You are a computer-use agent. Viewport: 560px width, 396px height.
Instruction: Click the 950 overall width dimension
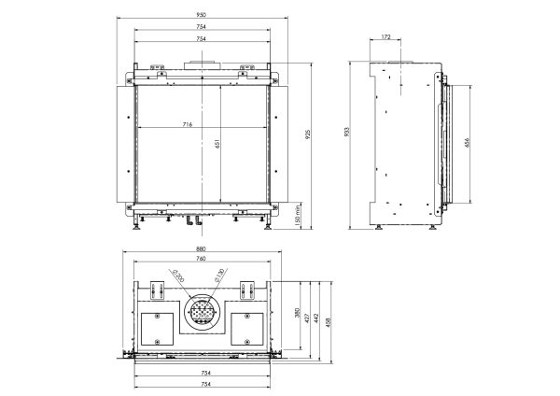201,15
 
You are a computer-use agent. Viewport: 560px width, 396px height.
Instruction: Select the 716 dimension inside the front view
188,124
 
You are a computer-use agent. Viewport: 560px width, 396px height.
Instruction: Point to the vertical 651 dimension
216,144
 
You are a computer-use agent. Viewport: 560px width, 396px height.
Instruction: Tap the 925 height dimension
308,134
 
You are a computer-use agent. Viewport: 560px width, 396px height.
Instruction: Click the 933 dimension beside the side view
346,133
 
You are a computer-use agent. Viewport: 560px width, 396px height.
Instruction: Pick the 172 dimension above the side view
385,36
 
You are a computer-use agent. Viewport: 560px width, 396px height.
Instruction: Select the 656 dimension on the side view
468,142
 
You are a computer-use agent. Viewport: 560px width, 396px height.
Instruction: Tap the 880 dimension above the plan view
201,248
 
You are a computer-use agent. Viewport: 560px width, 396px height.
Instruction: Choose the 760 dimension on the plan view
201,259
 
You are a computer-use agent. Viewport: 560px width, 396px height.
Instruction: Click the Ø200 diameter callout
178,276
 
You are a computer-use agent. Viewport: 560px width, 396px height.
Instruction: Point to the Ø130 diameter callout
219,276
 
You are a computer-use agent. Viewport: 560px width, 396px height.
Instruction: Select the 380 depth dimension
298,313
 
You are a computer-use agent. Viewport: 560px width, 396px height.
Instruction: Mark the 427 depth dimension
307,318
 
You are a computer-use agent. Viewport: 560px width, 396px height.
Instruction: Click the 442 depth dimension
316,318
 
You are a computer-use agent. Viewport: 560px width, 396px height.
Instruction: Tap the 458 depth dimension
329,322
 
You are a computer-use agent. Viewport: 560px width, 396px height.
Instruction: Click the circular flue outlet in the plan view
203,313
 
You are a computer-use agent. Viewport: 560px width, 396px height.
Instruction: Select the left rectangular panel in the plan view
157,329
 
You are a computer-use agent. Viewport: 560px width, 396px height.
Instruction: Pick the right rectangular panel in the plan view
247,329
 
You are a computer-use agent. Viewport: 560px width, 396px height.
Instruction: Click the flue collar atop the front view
203,65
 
